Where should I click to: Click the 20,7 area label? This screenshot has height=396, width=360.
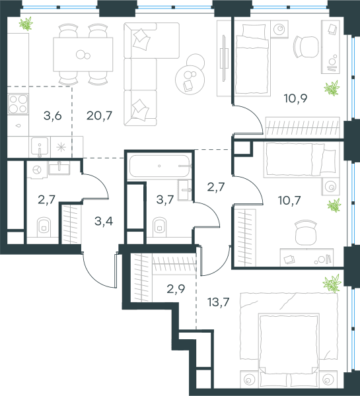(99, 115)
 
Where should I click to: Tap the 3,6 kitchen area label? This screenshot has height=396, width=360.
(53, 116)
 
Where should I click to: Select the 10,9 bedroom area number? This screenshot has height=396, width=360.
(295, 98)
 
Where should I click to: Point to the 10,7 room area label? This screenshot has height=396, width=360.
(289, 201)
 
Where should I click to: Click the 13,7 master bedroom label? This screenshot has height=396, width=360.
(219, 302)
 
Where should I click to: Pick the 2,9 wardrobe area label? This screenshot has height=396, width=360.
(176, 289)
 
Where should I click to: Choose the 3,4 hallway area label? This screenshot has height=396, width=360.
(104, 221)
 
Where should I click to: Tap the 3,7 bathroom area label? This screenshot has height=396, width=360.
(165, 199)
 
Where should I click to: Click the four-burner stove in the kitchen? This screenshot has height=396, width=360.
(18, 104)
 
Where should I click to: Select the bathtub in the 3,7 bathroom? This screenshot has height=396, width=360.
(159, 166)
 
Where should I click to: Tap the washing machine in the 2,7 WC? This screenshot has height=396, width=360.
(37, 170)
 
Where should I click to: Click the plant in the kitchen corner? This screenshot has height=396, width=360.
(26, 24)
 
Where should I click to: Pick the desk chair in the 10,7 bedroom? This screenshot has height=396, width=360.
(306, 232)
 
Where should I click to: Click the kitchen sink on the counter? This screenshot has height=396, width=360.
(40, 147)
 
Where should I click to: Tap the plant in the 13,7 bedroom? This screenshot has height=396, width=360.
(332, 283)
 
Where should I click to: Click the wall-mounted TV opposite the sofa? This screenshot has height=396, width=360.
(224, 58)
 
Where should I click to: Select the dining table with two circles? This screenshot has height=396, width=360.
(83, 54)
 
